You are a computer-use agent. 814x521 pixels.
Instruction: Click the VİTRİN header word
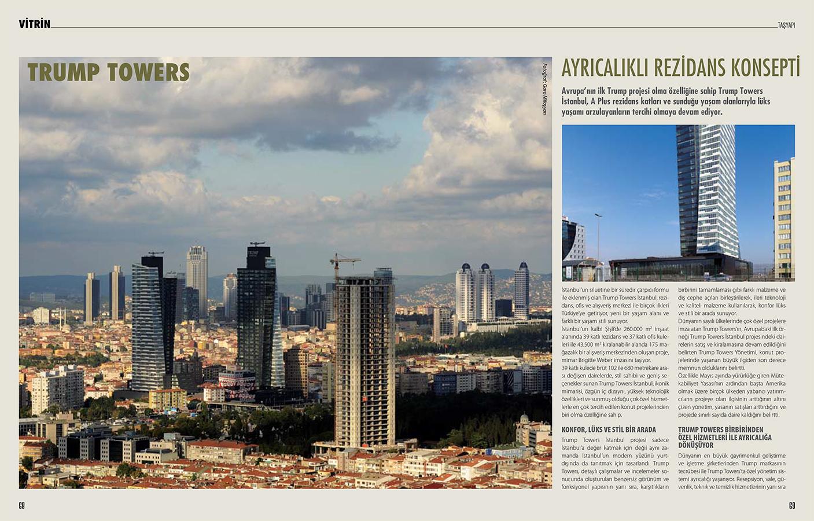(34, 24)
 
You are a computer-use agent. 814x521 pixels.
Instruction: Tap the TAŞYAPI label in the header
(786, 25)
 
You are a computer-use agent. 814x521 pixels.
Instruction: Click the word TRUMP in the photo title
(64, 72)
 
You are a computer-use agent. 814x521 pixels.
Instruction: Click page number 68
(22, 505)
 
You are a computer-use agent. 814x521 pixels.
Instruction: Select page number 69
(792, 505)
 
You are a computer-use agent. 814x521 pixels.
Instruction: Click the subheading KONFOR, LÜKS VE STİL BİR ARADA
(609, 430)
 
